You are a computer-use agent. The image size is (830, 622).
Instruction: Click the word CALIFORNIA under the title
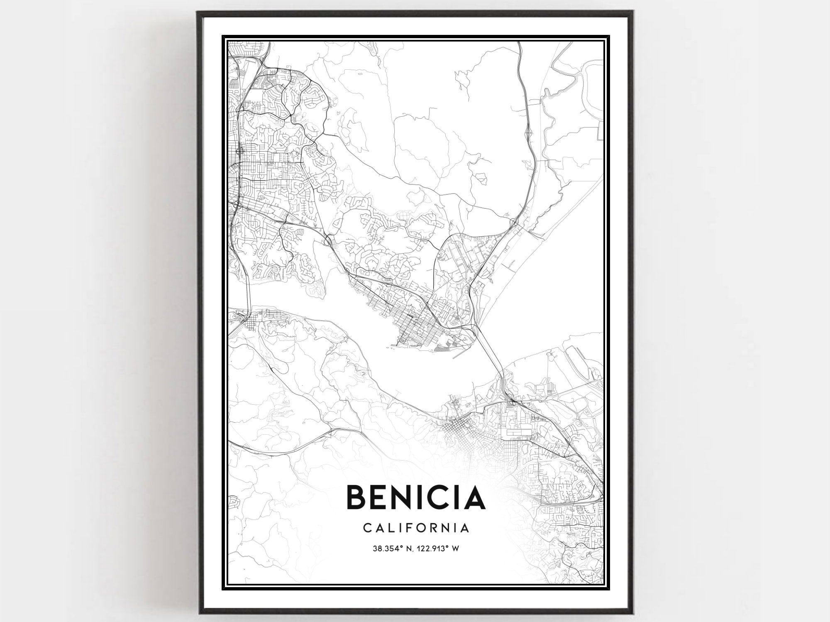(416, 528)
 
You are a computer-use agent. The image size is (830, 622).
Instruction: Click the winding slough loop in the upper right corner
(589, 79)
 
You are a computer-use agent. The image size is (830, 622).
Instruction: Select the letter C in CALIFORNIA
(367, 528)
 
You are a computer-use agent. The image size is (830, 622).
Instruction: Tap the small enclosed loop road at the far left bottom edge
(234, 502)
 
